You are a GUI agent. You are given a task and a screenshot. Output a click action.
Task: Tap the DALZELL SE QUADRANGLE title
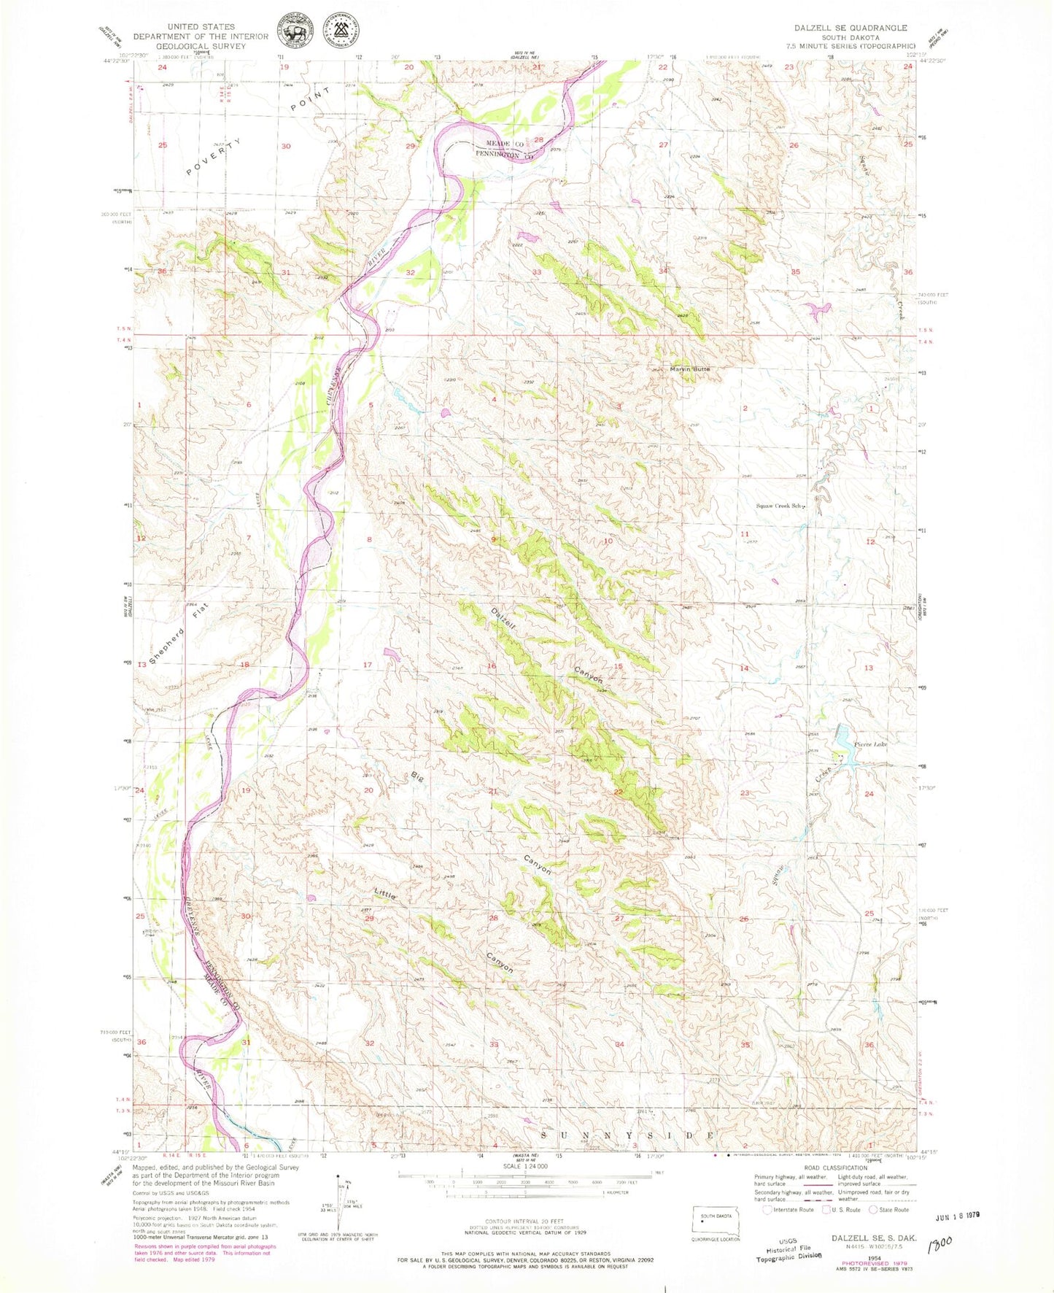[850, 28]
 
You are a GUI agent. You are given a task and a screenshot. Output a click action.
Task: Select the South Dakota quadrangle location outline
[716, 1223]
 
